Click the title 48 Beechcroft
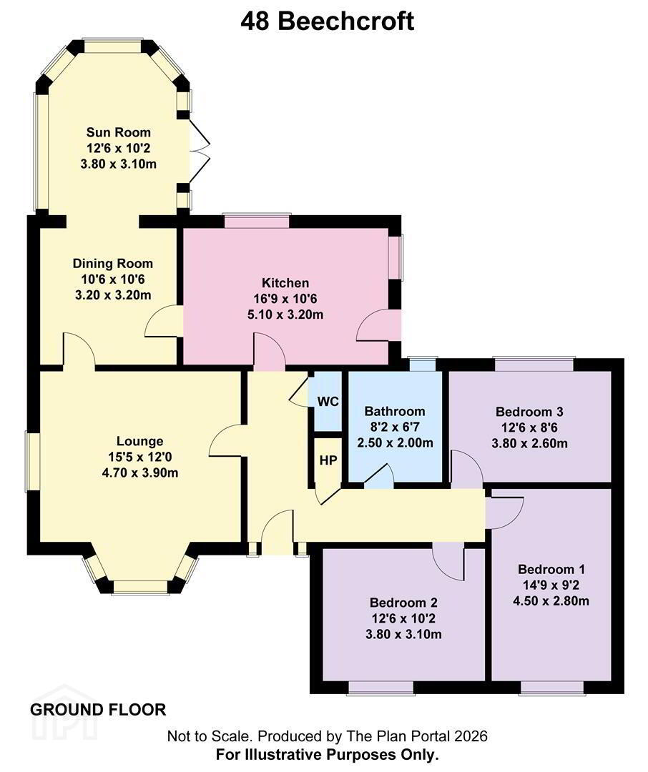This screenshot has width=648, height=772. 327,21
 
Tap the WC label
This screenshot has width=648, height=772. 328,402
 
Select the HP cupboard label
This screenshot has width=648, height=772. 328,460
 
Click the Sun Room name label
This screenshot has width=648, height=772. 118,132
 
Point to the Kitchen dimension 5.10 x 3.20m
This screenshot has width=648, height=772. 285,315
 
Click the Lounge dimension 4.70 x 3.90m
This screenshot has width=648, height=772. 140,473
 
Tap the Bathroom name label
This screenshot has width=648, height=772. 395,412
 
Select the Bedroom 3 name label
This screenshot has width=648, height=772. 529,412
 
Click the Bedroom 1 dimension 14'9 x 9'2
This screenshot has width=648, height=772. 551,585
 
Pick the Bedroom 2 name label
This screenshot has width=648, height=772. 403,603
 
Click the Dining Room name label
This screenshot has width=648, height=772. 113,264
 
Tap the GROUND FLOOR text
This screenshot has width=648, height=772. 98,710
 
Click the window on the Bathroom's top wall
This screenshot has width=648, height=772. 423,364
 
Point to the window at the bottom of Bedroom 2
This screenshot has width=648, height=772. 381,688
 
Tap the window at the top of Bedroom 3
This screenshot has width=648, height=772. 535,364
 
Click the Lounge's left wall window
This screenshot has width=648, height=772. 33,461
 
